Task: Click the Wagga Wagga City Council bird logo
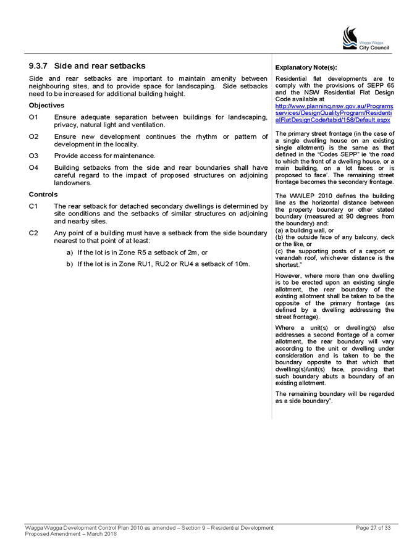(350, 38)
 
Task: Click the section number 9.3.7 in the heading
(38, 66)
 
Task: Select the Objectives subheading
(46, 106)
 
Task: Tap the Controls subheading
(43, 194)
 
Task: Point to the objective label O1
(33, 117)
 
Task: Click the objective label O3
(33, 156)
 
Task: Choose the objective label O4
(33, 167)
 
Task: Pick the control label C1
(33, 206)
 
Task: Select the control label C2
(33, 233)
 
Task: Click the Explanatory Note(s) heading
(306, 67)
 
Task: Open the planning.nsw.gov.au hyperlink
(334, 113)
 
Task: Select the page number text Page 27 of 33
(373, 528)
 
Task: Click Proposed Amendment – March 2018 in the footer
(71, 534)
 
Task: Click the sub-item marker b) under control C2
(70, 264)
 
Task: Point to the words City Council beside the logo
(374, 48)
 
